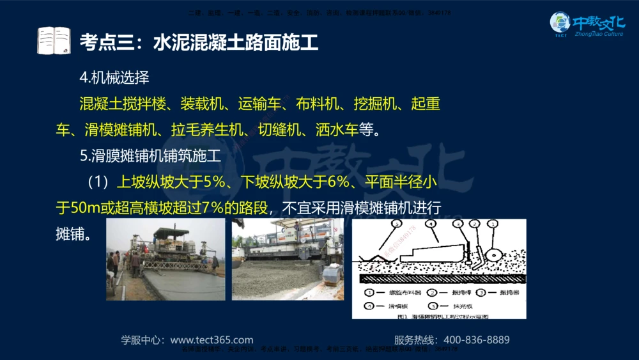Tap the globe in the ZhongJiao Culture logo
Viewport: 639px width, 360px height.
[560, 22]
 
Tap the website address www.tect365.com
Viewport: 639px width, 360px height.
[212, 340]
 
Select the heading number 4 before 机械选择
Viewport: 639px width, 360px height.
[83, 78]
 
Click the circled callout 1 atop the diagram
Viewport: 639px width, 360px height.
[493, 224]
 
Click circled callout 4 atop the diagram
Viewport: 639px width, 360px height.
[431, 224]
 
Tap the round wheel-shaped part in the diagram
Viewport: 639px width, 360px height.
[493, 254]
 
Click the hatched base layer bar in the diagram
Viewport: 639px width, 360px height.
[441, 279]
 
